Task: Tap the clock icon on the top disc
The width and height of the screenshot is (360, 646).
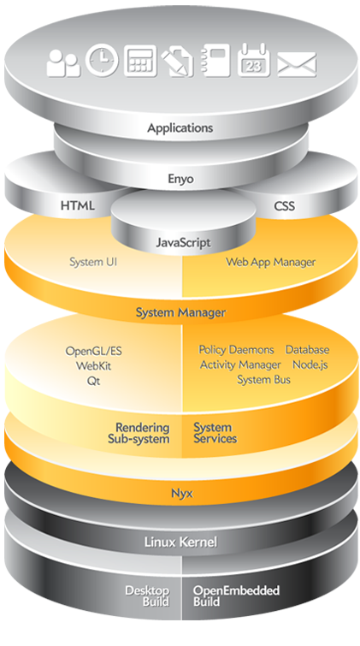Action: [x=102, y=60]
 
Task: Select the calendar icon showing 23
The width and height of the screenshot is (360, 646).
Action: [x=254, y=61]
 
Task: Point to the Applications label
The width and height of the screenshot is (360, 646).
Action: [x=180, y=128]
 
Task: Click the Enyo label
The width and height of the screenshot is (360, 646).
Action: [x=180, y=179]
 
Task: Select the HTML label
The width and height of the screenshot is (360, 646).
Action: [x=78, y=206]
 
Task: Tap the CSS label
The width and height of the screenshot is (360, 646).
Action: [x=284, y=206]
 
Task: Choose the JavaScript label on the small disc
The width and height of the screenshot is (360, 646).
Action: [x=182, y=243]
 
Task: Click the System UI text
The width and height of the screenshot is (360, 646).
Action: [x=92, y=262]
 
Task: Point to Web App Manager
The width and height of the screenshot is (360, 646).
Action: [x=270, y=262]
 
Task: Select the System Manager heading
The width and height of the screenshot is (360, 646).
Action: [x=180, y=313]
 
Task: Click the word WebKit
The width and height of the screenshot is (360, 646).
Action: [x=94, y=366]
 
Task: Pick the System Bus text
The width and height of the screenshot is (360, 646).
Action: [x=263, y=379]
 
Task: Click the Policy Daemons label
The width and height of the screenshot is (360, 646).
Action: [x=237, y=350]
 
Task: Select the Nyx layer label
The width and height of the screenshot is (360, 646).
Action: [x=180, y=493]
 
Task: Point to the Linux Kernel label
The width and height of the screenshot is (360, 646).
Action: [x=180, y=542]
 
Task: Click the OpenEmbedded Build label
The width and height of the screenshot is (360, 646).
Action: [x=236, y=596]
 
